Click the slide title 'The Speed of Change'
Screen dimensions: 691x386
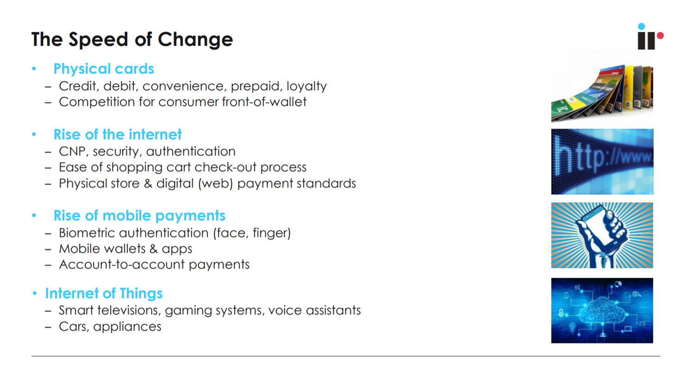132,39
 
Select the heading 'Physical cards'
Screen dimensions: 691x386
104,68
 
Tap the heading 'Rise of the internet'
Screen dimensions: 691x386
118,134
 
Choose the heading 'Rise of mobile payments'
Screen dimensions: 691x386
139,215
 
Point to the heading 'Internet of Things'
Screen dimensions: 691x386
104,293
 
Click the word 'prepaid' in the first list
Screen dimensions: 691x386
256,86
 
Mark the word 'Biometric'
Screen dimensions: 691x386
87,233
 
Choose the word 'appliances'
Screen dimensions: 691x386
127,327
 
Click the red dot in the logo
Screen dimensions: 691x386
660,36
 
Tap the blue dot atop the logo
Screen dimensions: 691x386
641,26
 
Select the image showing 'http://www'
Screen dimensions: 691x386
602,162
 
